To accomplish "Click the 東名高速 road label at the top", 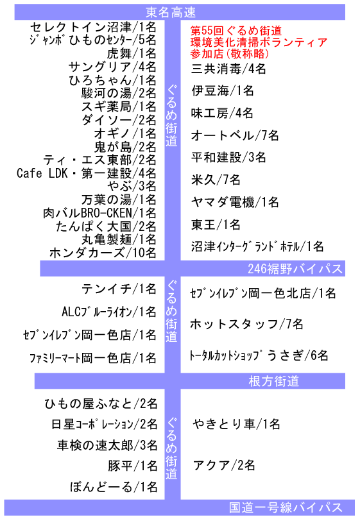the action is [x=171, y=13].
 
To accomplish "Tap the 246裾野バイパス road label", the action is [x=295, y=268].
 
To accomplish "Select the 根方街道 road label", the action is [x=274, y=381].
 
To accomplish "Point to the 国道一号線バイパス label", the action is [x=286, y=507].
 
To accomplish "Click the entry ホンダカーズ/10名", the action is [x=103, y=253].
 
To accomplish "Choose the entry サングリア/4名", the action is [x=112, y=67].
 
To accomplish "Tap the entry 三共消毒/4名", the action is [x=228, y=69].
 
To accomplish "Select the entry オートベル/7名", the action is [x=235, y=135].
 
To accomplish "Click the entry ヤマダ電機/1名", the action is [x=235, y=202].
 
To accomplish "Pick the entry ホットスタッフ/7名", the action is [x=246, y=324].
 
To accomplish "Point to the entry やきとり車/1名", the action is [x=236, y=424].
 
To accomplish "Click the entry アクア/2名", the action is [x=224, y=465].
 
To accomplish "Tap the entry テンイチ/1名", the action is [x=119, y=289].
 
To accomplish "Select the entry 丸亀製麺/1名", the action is [x=119, y=240].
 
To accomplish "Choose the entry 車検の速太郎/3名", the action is [x=107, y=445].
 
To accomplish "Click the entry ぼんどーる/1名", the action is [x=114, y=487].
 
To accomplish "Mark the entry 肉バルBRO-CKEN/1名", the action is [x=99, y=213].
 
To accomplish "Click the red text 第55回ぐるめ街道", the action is [x=236, y=31].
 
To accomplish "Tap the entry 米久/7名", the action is [x=216, y=180].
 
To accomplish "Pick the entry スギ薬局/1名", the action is [x=119, y=106].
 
